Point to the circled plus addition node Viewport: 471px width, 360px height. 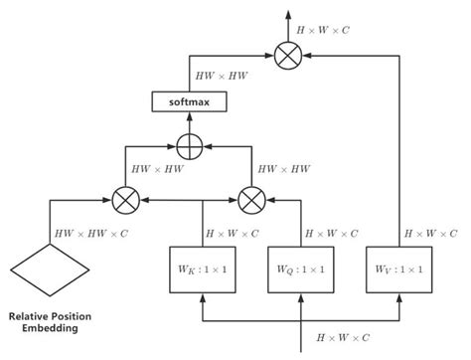pyautogui.click(x=188, y=144)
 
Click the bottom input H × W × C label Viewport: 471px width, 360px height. pyautogui.click(x=344, y=339)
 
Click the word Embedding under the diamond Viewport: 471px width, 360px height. pyautogui.click(x=49, y=326)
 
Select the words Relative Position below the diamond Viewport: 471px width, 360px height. pyautogui.click(x=49, y=311)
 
